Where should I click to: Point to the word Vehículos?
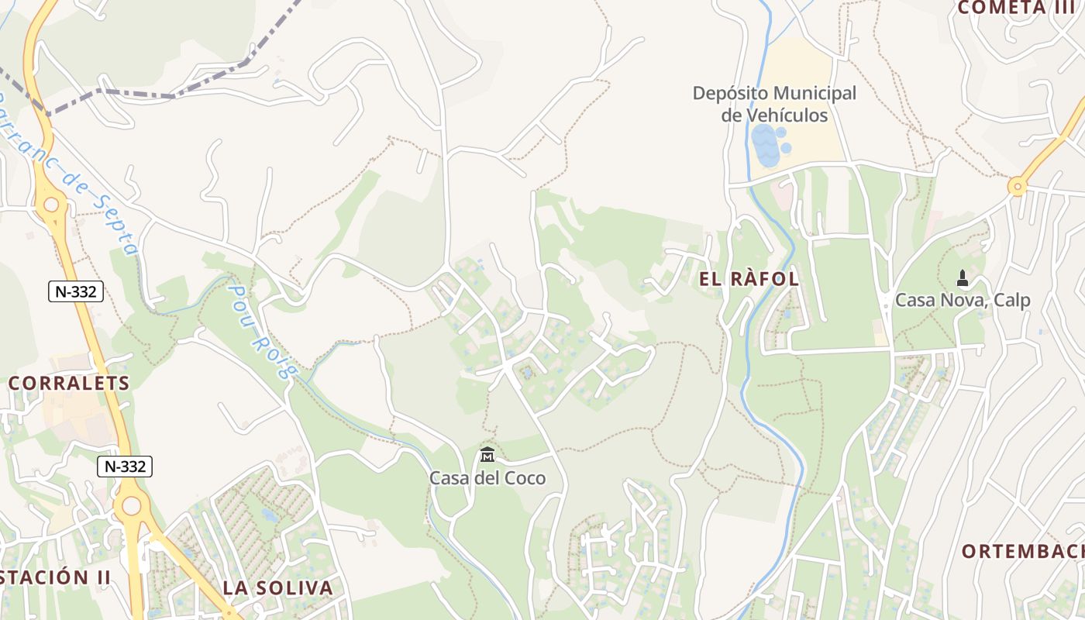(787, 115)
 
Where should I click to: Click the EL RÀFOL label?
(749, 280)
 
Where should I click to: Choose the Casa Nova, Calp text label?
(963, 300)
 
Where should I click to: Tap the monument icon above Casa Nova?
(963, 277)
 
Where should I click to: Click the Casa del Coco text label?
(487, 478)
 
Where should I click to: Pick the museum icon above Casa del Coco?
(487, 454)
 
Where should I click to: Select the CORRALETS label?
(69, 383)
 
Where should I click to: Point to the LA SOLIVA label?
(277, 587)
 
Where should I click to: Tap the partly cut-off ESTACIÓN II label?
(54, 577)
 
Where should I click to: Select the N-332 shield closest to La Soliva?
(125, 467)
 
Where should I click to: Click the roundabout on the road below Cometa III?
(1017, 186)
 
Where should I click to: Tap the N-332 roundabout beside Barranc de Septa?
(51, 205)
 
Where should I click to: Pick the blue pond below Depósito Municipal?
(766, 146)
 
